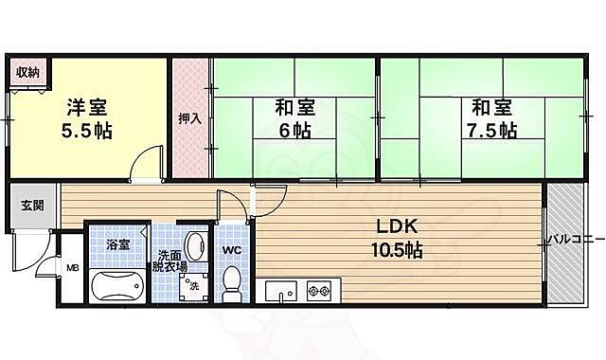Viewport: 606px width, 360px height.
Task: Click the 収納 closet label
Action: coord(27,72)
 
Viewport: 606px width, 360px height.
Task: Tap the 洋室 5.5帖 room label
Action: coord(88,118)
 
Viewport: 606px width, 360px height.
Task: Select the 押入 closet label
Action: coord(190,119)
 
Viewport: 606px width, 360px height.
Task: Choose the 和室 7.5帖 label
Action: coord(490,117)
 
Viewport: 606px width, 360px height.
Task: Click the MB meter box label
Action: coord(72,268)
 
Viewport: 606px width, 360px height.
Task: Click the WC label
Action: coord(232,249)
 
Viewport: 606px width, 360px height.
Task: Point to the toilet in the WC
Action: coord(232,283)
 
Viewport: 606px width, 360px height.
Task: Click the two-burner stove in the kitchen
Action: coord(319,290)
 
